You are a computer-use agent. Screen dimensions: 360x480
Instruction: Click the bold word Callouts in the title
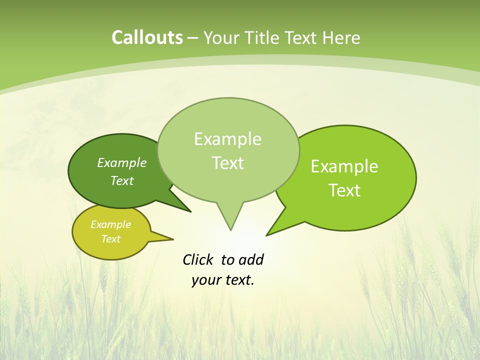(147, 38)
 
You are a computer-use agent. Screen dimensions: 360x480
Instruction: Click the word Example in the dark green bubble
(122, 162)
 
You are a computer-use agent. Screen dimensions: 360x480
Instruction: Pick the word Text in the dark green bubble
(122, 180)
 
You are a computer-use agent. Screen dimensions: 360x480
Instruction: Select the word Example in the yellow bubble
(110, 224)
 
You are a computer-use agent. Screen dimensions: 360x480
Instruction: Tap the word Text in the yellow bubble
(110, 239)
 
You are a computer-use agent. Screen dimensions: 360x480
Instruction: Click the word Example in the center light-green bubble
(227, 139)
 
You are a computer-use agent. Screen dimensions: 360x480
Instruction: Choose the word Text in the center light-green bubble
(227, 163)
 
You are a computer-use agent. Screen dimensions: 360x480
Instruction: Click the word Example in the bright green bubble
(344, 166)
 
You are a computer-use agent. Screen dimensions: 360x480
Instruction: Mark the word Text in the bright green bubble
(344, 190)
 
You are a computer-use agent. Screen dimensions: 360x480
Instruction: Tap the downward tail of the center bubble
(230, 227)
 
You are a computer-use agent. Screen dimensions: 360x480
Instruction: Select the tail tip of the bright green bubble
(268, 234)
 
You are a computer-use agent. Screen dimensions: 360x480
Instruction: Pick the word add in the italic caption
(251, 260)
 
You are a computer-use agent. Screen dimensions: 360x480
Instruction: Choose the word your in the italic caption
(206, 280)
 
